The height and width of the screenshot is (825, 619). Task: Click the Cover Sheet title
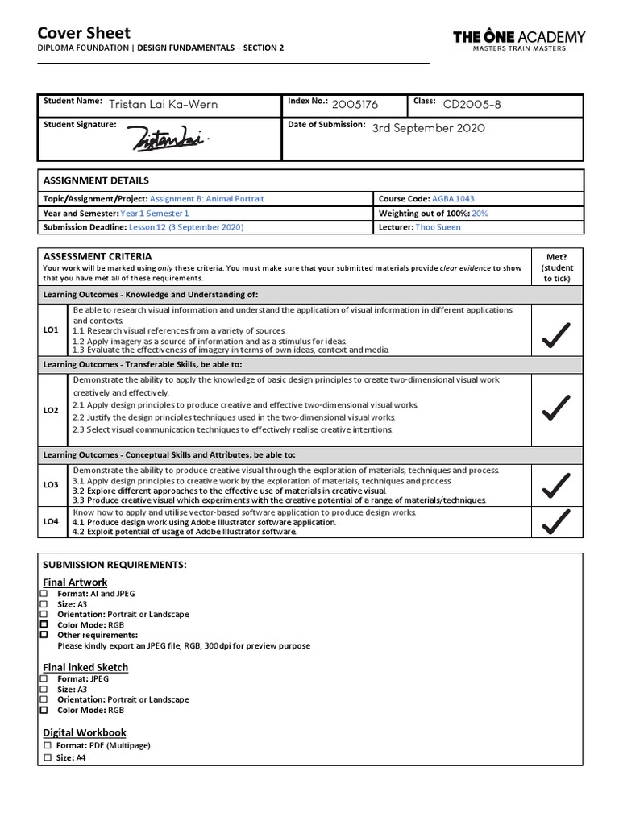tap(84, 33)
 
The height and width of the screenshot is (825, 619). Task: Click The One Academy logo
tap(519, 39)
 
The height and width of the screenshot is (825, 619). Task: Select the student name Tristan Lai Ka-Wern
tap(163, 104)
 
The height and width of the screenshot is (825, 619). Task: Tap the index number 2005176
tap(355, 104)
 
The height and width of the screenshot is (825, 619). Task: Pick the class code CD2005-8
tap(473, 104)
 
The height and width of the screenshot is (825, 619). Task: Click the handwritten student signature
tap(170, 139)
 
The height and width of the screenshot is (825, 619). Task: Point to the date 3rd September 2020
tap(428, 128)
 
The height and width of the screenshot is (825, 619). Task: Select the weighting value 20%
tap(480, 214)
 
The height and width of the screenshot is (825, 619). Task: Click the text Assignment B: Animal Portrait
tap(207, 198)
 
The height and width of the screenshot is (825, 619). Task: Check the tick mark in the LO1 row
tap(556, 334)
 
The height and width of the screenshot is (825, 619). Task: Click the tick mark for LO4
tap(556, 522)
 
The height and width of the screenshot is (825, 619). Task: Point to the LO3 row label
tap(51, 485)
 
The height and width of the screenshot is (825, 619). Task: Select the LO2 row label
tap(51, 410)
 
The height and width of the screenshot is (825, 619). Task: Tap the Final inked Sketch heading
tap(85, 667)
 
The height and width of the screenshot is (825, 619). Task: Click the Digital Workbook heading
tap(85, 732)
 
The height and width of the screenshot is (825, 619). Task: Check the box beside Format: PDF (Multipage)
tap(48, 746)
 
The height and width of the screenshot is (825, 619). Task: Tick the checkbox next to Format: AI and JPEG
tap(44, 594)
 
